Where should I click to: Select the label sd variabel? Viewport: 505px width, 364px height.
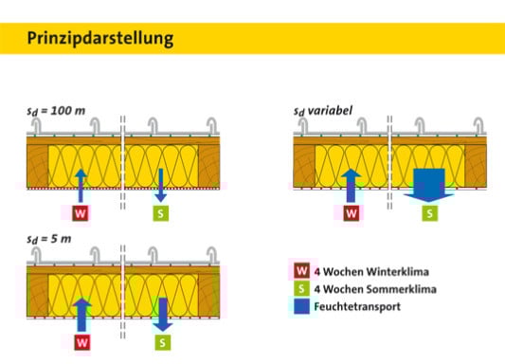coord(324,110)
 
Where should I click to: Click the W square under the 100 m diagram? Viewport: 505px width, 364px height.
coord(81,213)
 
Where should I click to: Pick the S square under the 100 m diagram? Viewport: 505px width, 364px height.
coord(161,213)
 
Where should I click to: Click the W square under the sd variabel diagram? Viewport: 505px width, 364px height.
coord(352,213)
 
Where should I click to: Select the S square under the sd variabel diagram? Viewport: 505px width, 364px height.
coord(431,214)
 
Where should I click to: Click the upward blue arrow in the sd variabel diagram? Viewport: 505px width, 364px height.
coord(352,184)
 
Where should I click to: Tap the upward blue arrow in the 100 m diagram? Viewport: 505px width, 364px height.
coord(81,184)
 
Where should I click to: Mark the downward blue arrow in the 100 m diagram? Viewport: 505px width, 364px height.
coord(162,184)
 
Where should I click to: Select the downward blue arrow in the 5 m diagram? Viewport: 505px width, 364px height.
coord(162,312)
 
